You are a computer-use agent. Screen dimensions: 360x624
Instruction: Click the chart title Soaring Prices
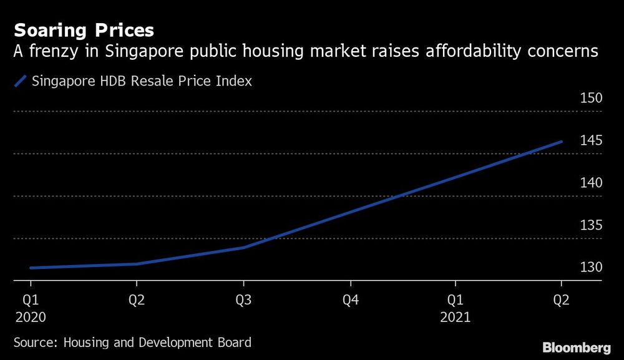tap(84, 30)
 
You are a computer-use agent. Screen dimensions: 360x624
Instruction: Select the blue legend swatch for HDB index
tap(21, 81)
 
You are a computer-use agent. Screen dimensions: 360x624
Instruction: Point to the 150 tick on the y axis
tap(590, 98)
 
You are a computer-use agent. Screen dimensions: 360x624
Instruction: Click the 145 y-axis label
tap(590, 140)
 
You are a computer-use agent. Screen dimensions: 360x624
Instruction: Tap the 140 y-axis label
tap(590, 183)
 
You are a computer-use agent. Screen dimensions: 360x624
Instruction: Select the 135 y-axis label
tap(590, 225)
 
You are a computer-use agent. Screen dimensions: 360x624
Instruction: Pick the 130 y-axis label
tap(590, 267)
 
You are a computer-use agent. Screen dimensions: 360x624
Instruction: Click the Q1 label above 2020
tap(30, 300)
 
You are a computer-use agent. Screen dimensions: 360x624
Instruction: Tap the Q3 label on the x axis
tap(243, 300)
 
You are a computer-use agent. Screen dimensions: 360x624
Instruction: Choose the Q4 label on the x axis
tap(350, 300)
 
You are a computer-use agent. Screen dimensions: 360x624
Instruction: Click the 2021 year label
tap(457, 316)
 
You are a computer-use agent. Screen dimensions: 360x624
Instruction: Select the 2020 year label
tap(30, 316)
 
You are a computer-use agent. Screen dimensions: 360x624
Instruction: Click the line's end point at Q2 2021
tap(562, 142)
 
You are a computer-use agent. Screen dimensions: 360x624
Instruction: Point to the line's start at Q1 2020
tap(31, 268)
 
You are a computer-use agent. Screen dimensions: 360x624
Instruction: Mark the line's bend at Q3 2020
tap(243, 247)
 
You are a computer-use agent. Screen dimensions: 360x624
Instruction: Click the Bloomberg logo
tap(576, 347)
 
